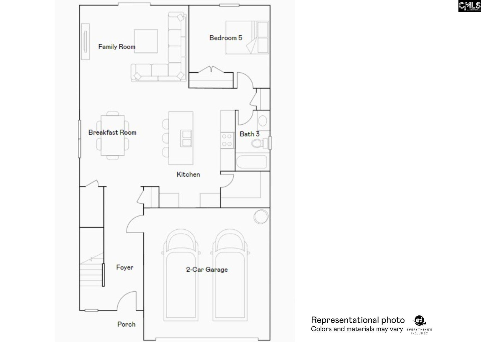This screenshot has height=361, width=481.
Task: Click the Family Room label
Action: click(117, 47)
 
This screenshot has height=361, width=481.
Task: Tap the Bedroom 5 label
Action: click(226, 38)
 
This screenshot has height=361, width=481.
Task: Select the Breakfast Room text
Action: click(112, 132)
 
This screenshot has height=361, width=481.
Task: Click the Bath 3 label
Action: click(250, 134)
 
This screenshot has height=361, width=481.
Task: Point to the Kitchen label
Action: click(188, 174)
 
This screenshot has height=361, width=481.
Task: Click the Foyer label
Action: click(125, 267)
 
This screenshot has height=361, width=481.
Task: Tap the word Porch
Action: click(126, 324)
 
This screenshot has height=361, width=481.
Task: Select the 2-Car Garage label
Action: click(207, 269)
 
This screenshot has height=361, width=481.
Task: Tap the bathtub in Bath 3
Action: click(252, 162)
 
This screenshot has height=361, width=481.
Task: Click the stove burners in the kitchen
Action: click(227, 140)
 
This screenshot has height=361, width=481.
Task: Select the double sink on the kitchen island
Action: click(186, 138)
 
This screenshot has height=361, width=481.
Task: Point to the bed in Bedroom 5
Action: click(247, 38)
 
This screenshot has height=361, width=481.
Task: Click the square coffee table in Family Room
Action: click(146, 41)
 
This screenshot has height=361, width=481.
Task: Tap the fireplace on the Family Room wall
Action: click(85, 42)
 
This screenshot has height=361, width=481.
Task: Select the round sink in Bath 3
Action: click(263, 121)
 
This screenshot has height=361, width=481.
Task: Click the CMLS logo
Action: click(469, 6)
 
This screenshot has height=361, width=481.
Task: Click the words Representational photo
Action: click(357, 320)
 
